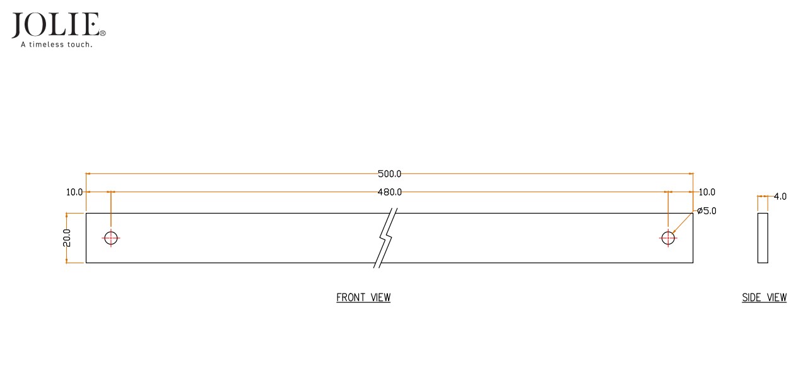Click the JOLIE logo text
[x=56, y=25]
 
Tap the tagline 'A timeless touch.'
[x=57, y=45]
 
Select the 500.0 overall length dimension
[x=390, y=174]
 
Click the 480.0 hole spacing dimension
[x=390, y=192]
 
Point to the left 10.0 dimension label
[x=74, y=192]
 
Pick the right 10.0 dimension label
[x=707, y=192]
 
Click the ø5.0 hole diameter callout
[x=706, y=211]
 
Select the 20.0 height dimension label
[x=67, y=238]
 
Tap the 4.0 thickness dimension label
[x=780, y=197]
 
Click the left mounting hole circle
[x=111, y=238]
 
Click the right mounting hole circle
[x=668, y=238]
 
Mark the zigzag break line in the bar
[x=386, y=238]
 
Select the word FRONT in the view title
[x=350, y=298]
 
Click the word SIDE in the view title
[x=752, y=298]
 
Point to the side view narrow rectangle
[x=763, y=238]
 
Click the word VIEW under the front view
[x=380, y=298]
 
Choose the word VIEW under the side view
[x=776, y=298]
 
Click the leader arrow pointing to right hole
[x=682, y=223]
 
